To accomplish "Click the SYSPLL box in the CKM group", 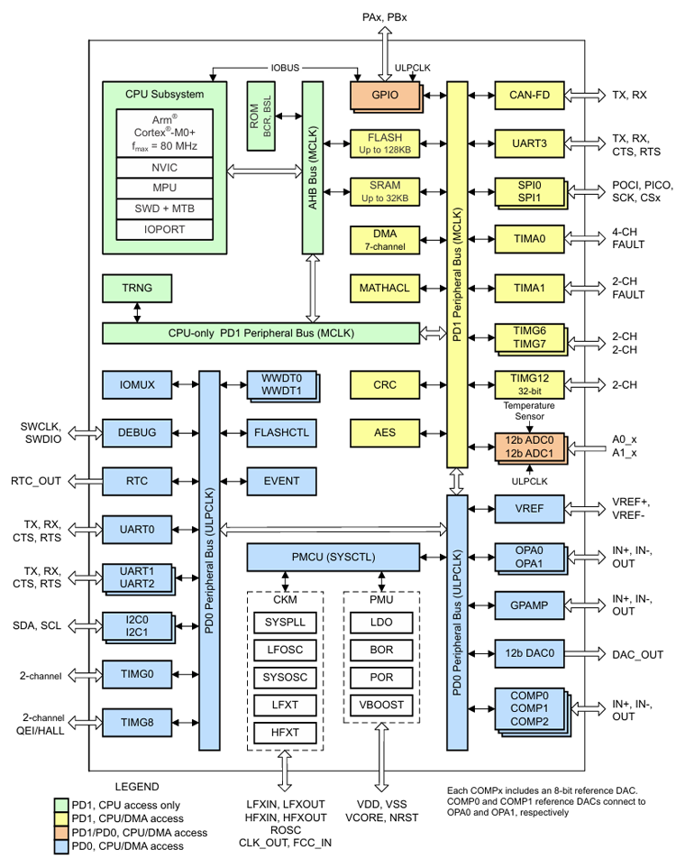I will coord(285,623).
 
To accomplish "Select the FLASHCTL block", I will coord(281,432).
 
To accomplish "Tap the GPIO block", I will coord(386,94).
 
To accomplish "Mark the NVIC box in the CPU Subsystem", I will coord(164,167).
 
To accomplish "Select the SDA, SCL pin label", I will coord(38,624).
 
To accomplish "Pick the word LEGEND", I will coord(136,786).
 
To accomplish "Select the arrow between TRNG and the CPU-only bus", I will coord(137,312).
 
